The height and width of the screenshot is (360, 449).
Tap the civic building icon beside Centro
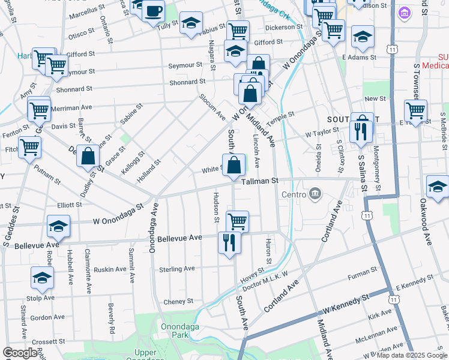pyautogui.click(x=315, y=194)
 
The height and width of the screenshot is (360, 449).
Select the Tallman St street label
pyautogui.click(x=260, y=181)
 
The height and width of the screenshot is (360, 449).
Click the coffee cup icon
pyautogui.click(x=153, y=10)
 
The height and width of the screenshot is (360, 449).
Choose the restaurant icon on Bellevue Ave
pyautogui.click(x=229, y=243)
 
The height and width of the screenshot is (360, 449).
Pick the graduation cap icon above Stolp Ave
pyautogui.click(x=42, y=278)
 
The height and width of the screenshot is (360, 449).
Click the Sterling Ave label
pyautogui.click(x=177, y=269)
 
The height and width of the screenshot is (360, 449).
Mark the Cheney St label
pyautogui.click(x=178, y=301)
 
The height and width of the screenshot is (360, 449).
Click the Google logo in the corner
pyautogui.click(x=20, y=353)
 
